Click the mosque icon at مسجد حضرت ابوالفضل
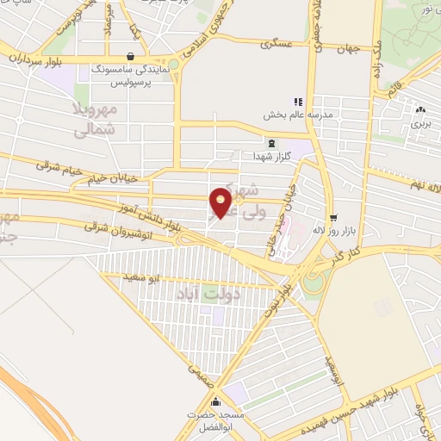point(214,402)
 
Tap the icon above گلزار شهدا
point(273,142)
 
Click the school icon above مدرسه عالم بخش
point(299,101)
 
